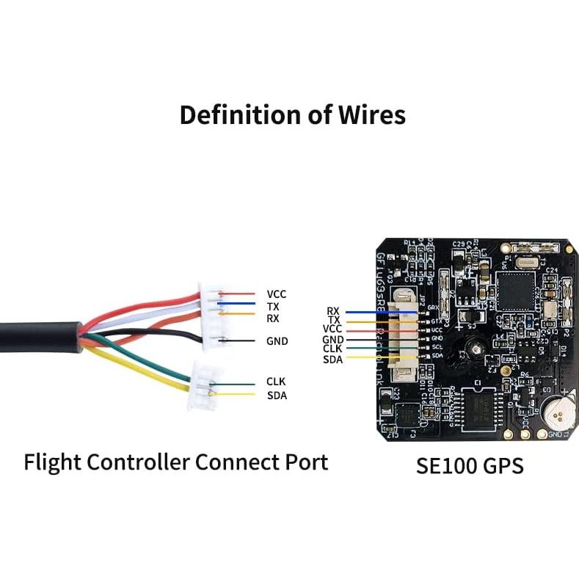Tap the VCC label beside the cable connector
tap(277, 294)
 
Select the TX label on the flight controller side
tap(273, 306)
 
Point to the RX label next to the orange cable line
tap(273, 318)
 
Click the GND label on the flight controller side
tap(277, 341)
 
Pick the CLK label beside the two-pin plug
tap(276, 382)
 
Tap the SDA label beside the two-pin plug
tap(277, 396)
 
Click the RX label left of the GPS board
tap(333, 311)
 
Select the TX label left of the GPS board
tap(334, 320)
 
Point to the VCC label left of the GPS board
tap(332, 329)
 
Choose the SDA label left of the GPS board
tap(332, 358)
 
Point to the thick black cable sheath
tap(37, 333)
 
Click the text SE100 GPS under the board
tap(470, 465)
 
